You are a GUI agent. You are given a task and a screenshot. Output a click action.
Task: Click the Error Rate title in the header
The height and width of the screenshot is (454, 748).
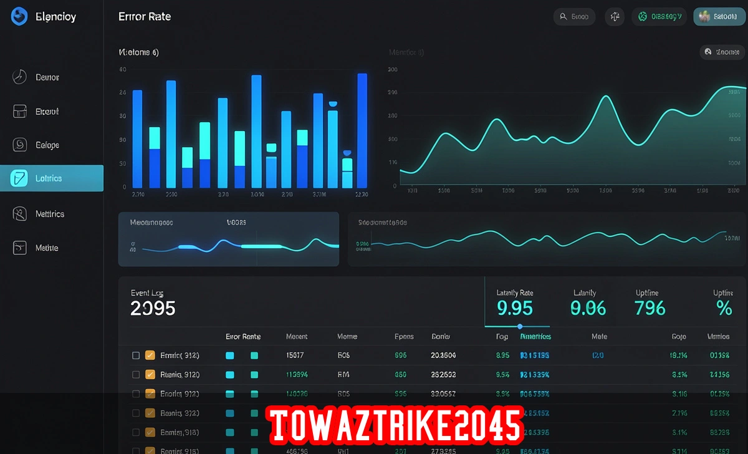(145, 17)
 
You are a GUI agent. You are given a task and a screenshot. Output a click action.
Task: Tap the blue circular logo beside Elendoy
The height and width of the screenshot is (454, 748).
(19, 17)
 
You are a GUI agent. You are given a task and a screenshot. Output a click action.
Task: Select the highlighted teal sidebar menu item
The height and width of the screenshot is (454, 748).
(52, 178)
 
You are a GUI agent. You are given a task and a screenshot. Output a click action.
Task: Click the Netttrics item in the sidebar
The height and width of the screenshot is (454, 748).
(50, 214)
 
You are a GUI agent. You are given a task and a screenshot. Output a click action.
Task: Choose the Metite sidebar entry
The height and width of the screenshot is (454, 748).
(46, 248)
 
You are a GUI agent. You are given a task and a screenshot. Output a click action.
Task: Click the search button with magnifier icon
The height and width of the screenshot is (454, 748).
(574, 17)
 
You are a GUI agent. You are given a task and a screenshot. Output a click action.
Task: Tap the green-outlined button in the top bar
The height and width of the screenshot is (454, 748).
(659, 17)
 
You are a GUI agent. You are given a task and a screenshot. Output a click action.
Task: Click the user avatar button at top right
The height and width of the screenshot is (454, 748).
(720, 17)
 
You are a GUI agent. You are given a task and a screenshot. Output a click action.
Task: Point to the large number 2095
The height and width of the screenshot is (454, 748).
(153, 308)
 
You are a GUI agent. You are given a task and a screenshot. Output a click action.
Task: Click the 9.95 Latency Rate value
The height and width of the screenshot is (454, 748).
(515, 308)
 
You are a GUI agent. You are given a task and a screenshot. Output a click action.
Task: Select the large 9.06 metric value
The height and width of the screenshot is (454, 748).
(588, 308)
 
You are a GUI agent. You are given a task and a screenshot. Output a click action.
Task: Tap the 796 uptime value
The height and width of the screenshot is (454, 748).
(650, 308)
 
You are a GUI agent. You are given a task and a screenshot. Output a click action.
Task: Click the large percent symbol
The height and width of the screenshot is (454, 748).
(724, 308)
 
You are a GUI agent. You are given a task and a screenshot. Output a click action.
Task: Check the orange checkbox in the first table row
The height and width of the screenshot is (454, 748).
(150, 355)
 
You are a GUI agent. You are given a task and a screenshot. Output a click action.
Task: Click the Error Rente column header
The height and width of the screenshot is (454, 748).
(243, 337)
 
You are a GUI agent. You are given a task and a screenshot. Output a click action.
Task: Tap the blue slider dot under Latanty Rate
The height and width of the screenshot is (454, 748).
(520, 326)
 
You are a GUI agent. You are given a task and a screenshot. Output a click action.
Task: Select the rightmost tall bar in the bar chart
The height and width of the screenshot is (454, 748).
(362, 130)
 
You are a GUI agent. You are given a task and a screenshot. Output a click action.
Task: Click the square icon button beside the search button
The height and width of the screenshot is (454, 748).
(615, 17)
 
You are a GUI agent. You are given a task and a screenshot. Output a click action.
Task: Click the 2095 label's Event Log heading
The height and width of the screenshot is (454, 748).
(147, 292)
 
